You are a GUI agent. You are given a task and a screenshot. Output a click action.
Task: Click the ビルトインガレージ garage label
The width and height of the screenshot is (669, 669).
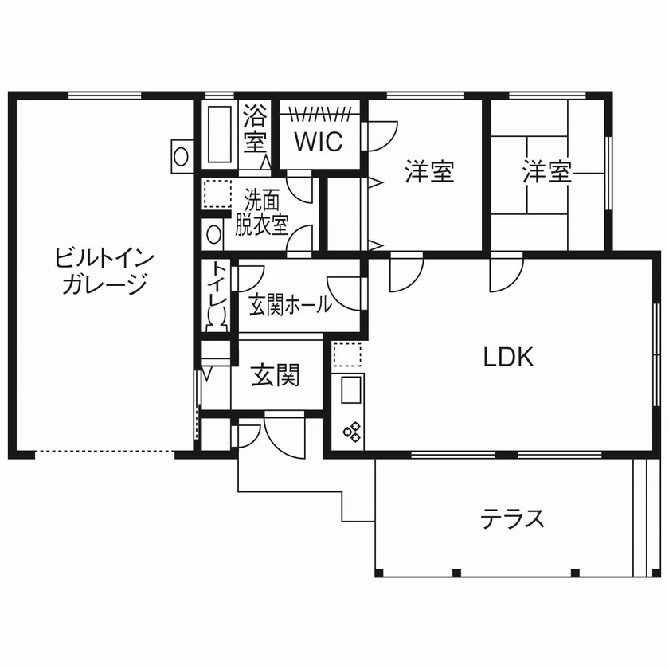tap(104, 271)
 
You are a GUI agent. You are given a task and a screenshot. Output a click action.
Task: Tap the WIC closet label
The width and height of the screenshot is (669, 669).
tap(319, 141)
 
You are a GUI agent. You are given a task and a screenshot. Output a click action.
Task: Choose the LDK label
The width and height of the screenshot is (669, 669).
tap(508, 356)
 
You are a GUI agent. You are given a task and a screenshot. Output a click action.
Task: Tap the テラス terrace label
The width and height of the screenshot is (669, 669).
tap(512, 519)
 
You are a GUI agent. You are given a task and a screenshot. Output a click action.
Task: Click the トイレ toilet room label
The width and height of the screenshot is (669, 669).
tap(216, 288)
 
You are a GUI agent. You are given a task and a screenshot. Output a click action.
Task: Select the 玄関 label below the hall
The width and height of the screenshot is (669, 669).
tap(276, 374)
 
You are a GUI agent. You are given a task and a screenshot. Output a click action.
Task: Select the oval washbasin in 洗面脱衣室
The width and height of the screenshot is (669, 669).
tap(213, 233)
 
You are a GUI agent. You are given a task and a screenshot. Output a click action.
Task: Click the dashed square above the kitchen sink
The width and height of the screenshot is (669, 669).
tap(347, 354)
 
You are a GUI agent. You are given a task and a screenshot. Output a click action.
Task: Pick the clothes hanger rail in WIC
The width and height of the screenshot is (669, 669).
tap(319, 111)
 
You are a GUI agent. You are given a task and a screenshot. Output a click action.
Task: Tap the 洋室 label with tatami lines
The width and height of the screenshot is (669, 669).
tap(547, 171)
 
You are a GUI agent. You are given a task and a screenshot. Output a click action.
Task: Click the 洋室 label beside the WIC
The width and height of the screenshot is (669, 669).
tap(429, 171)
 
